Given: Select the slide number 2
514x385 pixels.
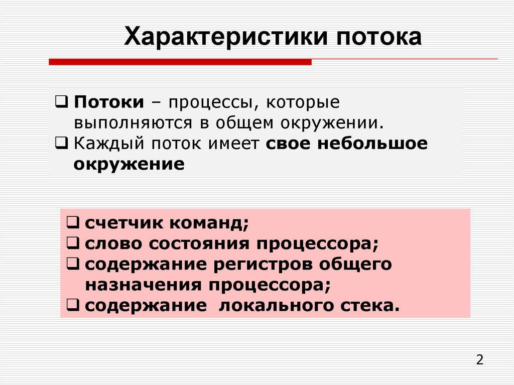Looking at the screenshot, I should click(x=479, y=360).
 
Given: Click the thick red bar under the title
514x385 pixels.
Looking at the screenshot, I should click(x=180, y=62).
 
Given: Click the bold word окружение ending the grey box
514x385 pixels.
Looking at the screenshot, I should click(x=129, y=164).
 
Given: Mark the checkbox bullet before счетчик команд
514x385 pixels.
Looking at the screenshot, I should click(x=72, y=223).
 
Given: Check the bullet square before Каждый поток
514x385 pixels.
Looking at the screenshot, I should click(x=61, y=144).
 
